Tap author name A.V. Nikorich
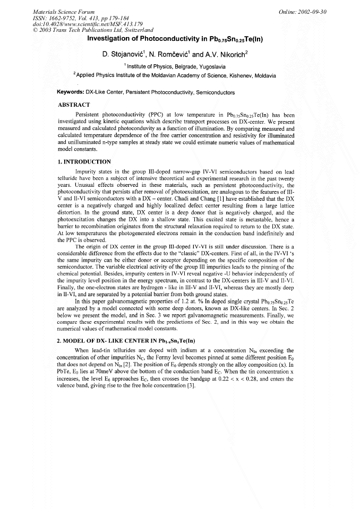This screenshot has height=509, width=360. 229,54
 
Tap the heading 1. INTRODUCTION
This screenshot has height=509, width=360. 84,161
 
